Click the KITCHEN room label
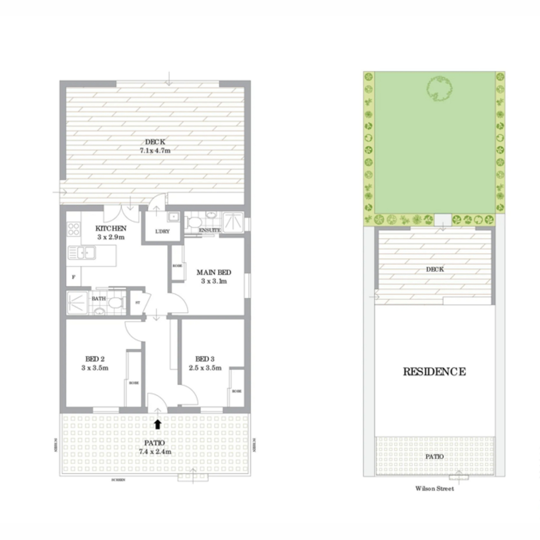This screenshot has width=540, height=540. tap(111, 229)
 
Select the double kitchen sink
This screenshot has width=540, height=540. tap(82, 253)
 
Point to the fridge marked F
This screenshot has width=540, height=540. tap(73, 277)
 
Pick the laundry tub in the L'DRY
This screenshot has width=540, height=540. tap(174, 218)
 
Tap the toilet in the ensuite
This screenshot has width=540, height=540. tap(195, 222)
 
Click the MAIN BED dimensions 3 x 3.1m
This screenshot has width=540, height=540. tap(214, 281)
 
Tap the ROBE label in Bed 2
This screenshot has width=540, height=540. tap(134, 383)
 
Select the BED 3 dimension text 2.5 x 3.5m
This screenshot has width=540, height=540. tap(205, 368)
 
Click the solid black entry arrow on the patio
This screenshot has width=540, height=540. tap(157, 424)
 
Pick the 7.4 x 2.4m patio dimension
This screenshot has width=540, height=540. tap(155, 452)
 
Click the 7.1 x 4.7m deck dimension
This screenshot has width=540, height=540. tap(155, 151)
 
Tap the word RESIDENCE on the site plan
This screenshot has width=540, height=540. tap(434, 372)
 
